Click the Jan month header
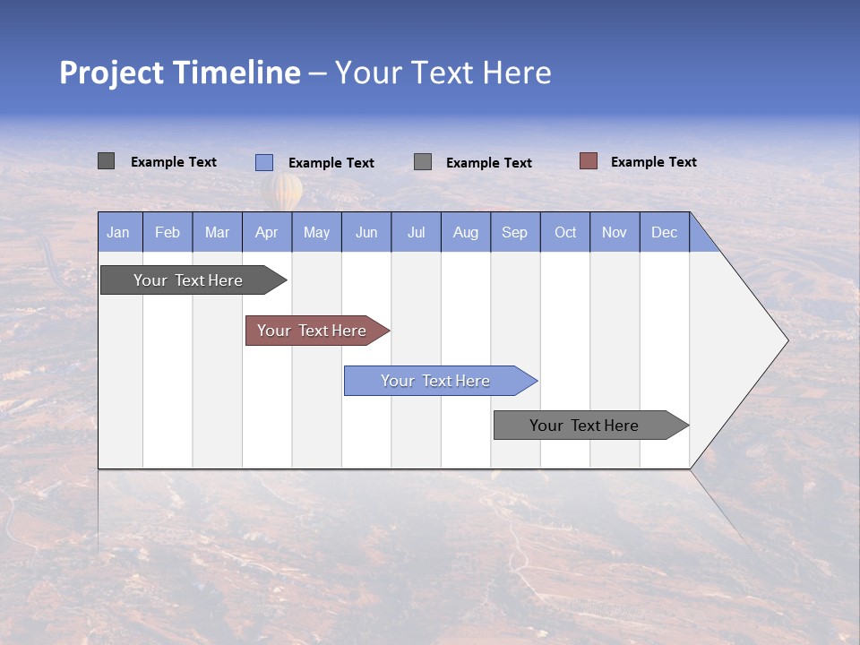119,232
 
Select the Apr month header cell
267,232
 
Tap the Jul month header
416,232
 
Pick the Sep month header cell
515,232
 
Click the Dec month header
664,232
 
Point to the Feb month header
168,232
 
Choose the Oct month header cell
565,232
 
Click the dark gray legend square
107,161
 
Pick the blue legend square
264,162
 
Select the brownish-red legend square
589,161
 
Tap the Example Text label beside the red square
653,162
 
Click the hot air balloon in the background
282,191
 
